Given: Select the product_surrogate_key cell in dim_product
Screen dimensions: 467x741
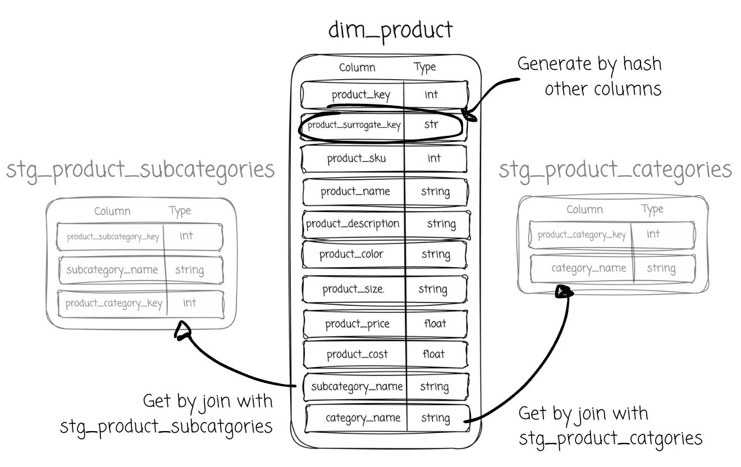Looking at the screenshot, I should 354,125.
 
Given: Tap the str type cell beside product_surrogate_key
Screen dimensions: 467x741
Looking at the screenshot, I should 431,125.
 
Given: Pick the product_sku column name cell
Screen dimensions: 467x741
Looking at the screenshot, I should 356,158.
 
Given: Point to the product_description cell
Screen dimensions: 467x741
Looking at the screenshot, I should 353,223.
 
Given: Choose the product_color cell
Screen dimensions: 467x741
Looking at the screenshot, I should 351,254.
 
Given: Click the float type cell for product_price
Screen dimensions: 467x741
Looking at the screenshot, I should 434,323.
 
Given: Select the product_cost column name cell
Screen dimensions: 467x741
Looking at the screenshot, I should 357,354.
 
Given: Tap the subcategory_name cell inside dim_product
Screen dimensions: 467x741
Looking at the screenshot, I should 356,386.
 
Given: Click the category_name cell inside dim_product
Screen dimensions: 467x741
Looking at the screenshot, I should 363,418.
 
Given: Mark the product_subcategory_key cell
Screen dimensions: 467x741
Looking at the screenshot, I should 112,236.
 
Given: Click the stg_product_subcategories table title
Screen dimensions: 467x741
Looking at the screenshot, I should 140,170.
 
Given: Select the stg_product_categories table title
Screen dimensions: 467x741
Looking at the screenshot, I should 615,169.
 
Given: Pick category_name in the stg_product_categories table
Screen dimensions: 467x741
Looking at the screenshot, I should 588,268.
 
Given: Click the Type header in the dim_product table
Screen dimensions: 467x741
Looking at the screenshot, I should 424,67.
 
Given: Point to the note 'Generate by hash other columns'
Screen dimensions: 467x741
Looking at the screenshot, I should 589,76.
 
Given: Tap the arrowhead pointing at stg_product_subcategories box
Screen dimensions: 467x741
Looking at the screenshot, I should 182,331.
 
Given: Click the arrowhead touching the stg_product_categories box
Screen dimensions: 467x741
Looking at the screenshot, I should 563,291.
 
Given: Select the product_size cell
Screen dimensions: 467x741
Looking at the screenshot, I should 353,289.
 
